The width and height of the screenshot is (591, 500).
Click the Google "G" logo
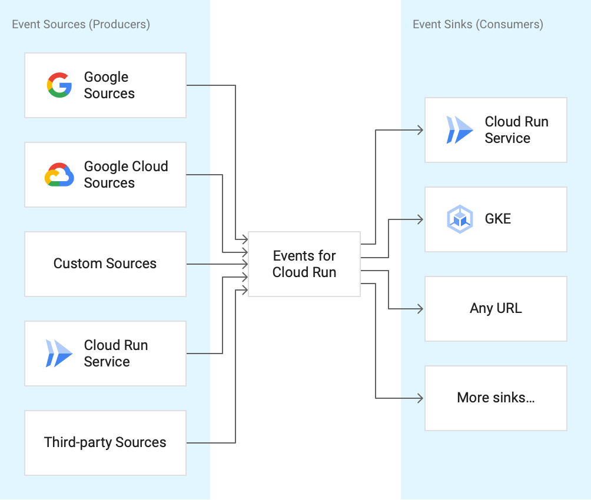tap(59, 85)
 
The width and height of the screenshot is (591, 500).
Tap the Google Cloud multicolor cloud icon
tap(59, 175)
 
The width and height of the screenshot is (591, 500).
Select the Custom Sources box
tap(105, 264)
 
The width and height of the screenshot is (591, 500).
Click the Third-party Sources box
tap(105, 442)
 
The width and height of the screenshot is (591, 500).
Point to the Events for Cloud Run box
tap(304, 264)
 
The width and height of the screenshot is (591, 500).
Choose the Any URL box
tap(496, 308)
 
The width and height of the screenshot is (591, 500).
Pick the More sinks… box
tap(496, 398)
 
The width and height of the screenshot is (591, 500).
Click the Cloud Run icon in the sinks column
tap(460, 130)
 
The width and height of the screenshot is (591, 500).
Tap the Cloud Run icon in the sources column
tap(59, 354)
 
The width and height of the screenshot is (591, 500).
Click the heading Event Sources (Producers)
tap(81, 24)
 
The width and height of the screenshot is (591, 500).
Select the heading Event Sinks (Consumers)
tap(478, 24)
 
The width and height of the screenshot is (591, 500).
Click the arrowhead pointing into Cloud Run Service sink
tap(420, 130)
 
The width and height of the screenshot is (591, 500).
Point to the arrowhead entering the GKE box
tap(420, 219)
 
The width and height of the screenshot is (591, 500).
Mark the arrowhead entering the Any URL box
tap(420, 309)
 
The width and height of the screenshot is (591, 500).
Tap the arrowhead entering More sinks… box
tap(420, 398)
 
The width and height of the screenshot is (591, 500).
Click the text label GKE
tap(498, 219)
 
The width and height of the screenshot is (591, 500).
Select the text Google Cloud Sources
tap(126, 175)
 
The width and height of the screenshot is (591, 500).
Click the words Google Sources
tap(109, 85)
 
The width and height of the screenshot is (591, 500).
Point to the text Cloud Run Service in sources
tap(116, 354)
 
